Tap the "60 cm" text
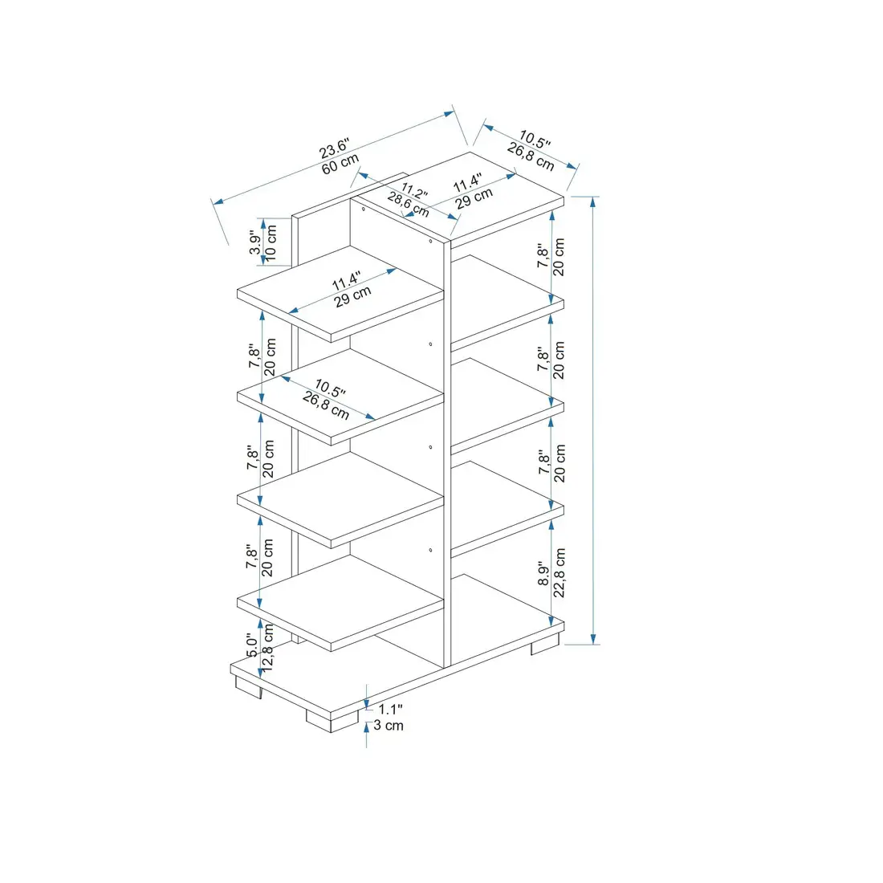(340, 164)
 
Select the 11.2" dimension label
(414, 193)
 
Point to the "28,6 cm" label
(409, 205)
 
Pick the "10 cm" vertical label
(271, 242)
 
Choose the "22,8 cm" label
(560, 572)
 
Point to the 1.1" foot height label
(390, 709)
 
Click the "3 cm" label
(389, 726)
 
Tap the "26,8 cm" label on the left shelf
(326, 406)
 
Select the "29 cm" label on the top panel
(474, 199)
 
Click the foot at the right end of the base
(545, 645)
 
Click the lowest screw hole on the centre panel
(431, 550)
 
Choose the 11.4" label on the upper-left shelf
(347, 283)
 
